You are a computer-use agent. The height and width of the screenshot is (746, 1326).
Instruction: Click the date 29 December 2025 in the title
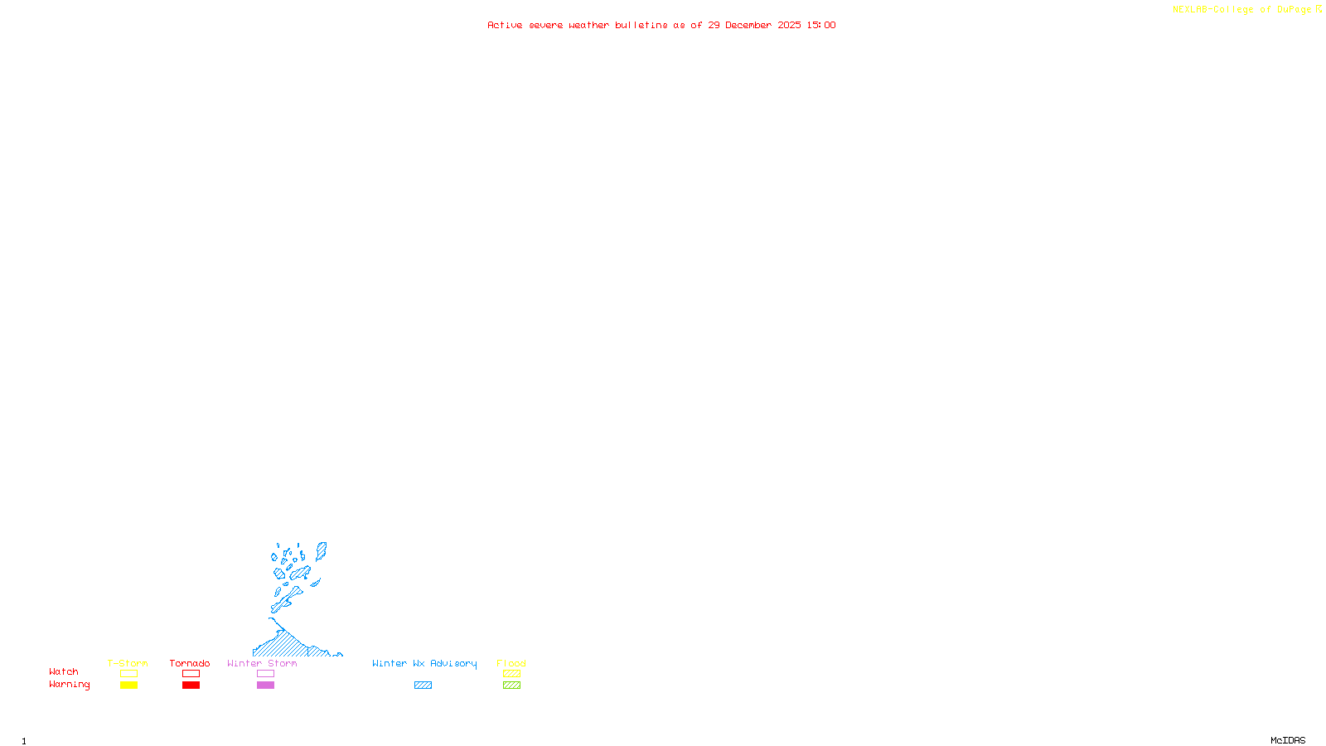pos(754,25)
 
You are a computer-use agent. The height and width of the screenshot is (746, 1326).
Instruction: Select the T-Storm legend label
pos(128,663)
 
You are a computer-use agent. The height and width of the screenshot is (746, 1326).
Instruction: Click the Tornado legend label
pos(190,663)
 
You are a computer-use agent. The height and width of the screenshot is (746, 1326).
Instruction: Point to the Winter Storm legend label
pos(262,663)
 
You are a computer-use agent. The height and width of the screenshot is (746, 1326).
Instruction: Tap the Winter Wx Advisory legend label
pos(424,663)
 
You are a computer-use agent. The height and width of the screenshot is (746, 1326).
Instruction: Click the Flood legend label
pos(511,663)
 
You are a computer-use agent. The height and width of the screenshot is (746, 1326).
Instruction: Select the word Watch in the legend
pos(64,671)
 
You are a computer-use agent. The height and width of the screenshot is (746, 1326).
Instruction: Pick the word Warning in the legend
pos(69,685)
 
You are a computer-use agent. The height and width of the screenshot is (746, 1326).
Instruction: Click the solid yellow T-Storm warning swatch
pos(128,685)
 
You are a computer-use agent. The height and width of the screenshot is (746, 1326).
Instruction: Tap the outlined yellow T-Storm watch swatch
pos(128,674)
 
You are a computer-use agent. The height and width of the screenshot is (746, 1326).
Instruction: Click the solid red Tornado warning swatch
pos(191,685)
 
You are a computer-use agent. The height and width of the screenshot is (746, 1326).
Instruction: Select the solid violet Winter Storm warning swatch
pos(265,685)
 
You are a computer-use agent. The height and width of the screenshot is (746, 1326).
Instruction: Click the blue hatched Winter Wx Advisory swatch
pos(423,685)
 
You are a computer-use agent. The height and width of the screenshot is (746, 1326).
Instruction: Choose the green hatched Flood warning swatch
pos(511,685)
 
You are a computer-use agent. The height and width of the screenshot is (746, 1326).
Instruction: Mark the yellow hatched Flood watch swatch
pos(511,674)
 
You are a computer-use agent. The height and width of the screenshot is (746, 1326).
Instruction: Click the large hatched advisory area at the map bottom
pos(286,645)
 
